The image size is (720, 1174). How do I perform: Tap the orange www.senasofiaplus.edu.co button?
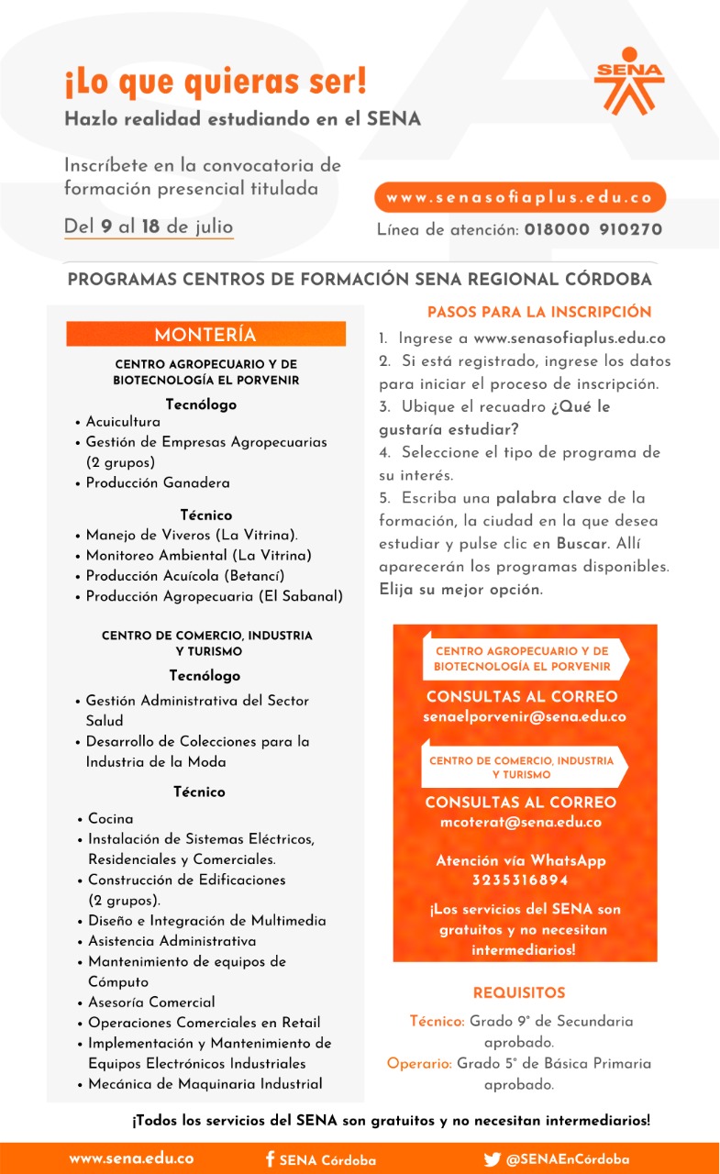(519, 197)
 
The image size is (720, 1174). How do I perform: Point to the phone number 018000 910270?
(593, 229)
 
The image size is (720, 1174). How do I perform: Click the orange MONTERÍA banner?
(205, 334)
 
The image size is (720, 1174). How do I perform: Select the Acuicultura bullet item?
(123, 422)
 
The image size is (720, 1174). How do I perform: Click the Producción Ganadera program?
(158, 482)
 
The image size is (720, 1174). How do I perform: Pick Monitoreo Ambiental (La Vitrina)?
(198, 555)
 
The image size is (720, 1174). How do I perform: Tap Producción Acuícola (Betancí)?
(185, 575)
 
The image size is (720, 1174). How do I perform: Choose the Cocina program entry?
(110, 818)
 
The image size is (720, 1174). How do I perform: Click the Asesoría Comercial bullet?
(151, 1002)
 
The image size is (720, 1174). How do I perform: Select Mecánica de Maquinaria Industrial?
(205, 1083)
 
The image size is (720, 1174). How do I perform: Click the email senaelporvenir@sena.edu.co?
(525, 717)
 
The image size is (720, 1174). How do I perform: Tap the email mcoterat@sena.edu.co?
(521, 822)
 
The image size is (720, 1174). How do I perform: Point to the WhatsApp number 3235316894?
(520, 880)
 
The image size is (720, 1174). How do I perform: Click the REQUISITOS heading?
(519, 992)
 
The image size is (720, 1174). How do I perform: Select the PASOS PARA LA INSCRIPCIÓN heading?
(539, 312)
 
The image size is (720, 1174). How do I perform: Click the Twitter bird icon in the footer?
(492, 1158)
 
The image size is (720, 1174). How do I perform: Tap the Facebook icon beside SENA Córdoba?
(270, 1158)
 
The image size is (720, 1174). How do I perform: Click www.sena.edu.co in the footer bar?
(131, 1158)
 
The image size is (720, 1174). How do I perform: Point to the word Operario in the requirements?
(419, 1064)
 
